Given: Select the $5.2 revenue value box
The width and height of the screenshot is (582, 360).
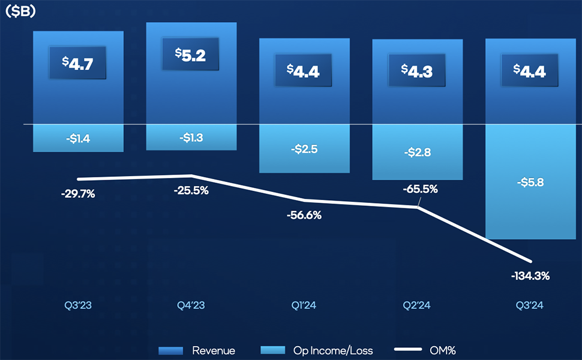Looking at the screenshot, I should (191, 54).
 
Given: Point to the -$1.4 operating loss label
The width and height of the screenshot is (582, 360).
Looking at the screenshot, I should (77, 138).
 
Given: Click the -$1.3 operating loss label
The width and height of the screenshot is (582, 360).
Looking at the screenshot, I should (191, 137).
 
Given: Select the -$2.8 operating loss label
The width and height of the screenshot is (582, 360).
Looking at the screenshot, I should (417, 152).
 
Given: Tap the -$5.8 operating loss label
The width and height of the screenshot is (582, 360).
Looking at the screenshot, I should (530, 182).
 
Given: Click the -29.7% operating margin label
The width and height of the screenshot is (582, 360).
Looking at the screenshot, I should (77, 194).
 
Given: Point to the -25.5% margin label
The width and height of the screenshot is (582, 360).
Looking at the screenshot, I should (191, 190).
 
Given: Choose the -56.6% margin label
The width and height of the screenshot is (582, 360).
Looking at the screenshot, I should (304, 215).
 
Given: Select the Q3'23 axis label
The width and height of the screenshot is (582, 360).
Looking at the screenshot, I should (77, 306).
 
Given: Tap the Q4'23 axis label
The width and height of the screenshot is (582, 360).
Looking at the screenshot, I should (191, 306).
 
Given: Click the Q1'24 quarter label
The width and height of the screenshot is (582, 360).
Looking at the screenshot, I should (304, 306).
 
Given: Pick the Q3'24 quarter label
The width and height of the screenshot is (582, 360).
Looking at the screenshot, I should (530, 306).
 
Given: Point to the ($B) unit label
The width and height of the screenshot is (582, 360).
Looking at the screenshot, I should (20, 12).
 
